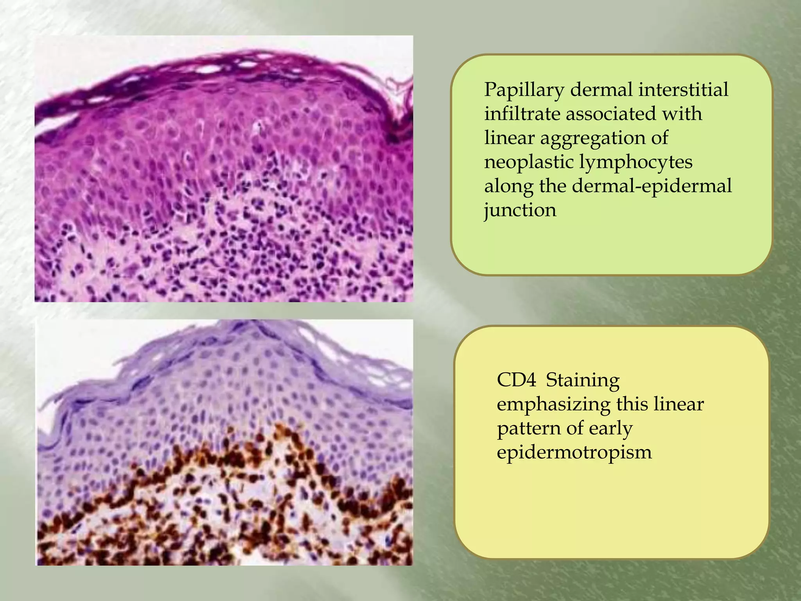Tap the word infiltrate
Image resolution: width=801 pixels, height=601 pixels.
pos(522,114)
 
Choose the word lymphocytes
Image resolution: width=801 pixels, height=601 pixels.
pos(635,162)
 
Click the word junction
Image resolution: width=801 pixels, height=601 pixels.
pos(520,211)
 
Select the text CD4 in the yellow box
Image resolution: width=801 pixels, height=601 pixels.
pos(516,380)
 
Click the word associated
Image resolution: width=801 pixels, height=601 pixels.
pos(611,114)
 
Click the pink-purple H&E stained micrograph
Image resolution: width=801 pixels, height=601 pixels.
pos(224,169)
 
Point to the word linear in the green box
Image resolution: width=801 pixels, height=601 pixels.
pos(506,138)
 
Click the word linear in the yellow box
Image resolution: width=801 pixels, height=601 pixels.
pos(678,404)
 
